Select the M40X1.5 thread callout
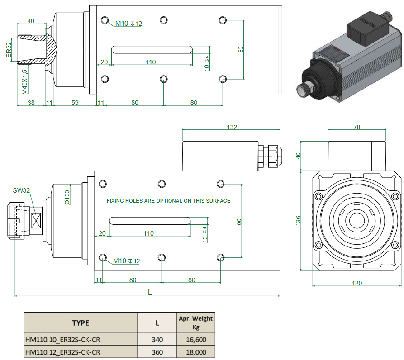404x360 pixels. pos(25,81)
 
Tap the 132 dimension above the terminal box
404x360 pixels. pos(231,128)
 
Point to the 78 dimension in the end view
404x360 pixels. pos(356,127)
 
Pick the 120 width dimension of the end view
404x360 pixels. pos(357,283)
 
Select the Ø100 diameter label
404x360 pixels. pos(67,197)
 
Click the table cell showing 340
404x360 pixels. pos(157,340)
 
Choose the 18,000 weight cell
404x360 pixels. pos(195,352)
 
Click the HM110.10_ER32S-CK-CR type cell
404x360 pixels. pos(62,340)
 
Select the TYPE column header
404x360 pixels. pos(81,323)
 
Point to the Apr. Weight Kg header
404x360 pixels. pos(195,323)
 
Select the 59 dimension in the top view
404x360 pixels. pos(75,103)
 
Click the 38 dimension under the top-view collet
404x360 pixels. pos(31,103)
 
